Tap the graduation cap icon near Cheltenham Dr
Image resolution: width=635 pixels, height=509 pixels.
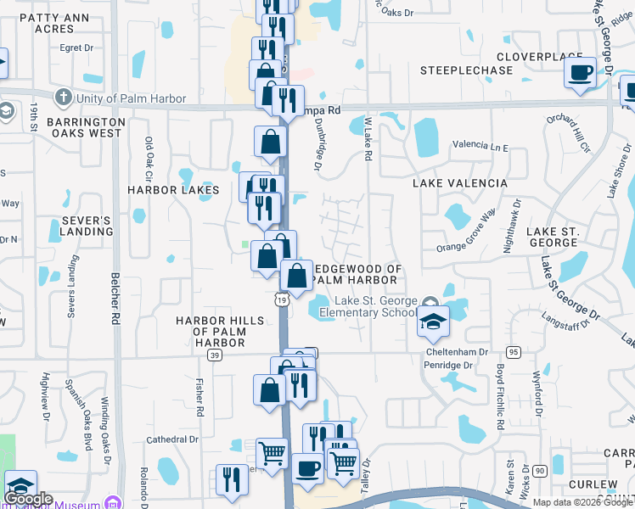coord(432,322)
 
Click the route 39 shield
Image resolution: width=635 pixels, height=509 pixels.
coord(216,355)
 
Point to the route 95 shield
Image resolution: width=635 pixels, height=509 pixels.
coord(513,351)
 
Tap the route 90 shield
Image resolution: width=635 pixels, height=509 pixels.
coord(540,469)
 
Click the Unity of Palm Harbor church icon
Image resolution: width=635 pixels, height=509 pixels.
coord(62,98)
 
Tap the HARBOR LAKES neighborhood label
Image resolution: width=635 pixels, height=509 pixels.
coord(174,190)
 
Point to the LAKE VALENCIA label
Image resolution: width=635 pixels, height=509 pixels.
coord(460,183)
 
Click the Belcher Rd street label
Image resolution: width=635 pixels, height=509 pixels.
coord(114,299)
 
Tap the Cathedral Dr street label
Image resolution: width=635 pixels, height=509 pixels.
coord(172,439)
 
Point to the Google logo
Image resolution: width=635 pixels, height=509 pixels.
coord(28,499)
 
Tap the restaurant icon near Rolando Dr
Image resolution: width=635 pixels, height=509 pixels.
coord(231,479)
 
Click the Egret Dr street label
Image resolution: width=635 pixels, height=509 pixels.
coord(76,48)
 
